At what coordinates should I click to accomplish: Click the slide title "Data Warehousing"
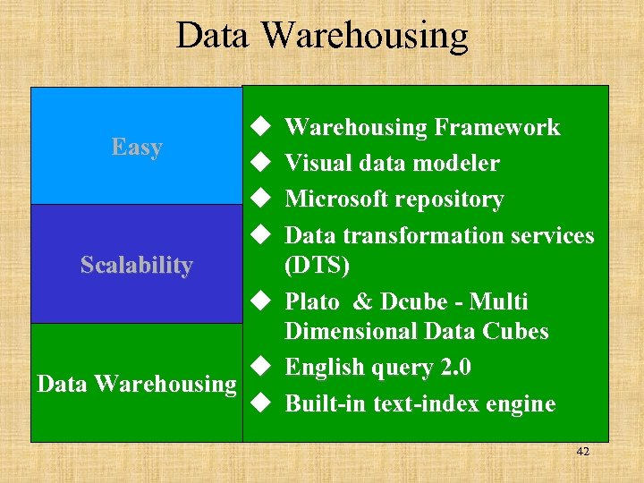[x=322, y=36]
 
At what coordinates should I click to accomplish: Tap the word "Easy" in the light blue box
[x=137, y=147]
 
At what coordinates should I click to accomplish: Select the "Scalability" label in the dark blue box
[x=137, y=265]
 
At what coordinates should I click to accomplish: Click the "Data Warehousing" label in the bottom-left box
[x=136, y=384]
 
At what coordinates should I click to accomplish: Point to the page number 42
[x=582, y=452]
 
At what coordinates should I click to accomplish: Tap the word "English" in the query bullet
[x=323, y=368]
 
